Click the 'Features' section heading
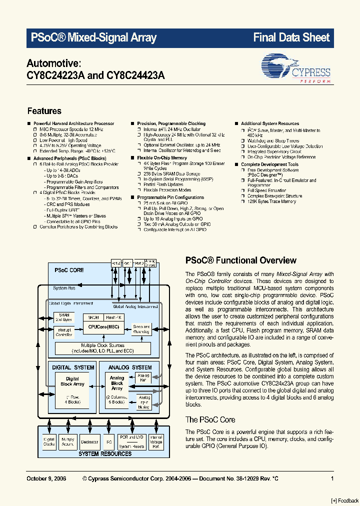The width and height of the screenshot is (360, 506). (44, 111)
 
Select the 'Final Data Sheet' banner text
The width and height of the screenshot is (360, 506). (291, 37)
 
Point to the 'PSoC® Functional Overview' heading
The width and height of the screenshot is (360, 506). (240, 260)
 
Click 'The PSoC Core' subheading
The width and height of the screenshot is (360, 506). (210, 419)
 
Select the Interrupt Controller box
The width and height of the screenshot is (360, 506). (63, 332)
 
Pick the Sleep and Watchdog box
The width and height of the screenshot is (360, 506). (141, 329)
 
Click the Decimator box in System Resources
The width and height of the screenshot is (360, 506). (89, 442)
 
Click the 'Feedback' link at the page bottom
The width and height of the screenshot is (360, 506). (344, 500)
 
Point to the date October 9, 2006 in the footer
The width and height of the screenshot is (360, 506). (46, 479)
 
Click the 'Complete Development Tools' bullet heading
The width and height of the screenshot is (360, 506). (269, 164)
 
